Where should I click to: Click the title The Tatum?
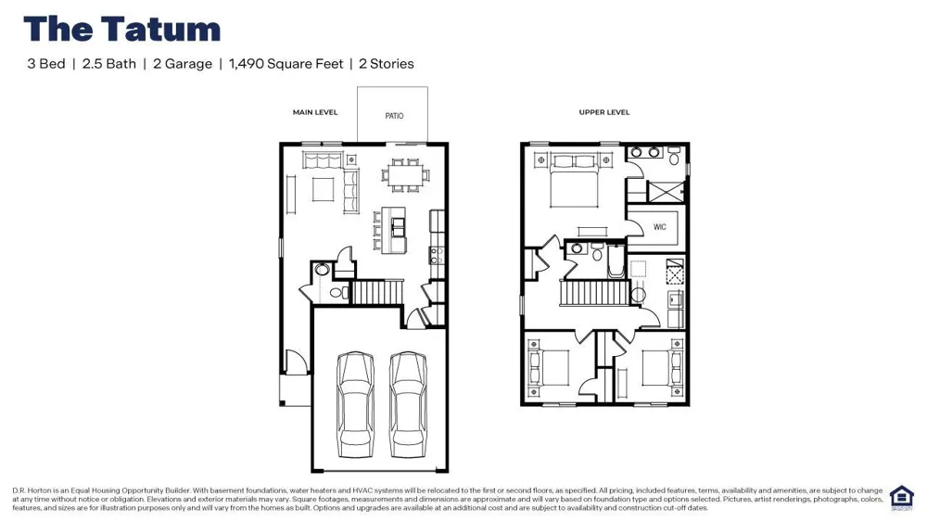(x=121, y=29)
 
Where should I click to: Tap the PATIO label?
(x=394, y=116)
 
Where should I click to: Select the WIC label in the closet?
(x=660, y=226)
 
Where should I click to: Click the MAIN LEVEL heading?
(x=315, y=112)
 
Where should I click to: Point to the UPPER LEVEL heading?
(x=604, y=112)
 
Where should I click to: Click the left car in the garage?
(x=355, y=404)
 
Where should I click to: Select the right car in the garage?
(x=409, y=404)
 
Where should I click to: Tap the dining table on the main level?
(x=406, y=175)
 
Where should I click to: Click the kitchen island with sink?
(x=393, y=230)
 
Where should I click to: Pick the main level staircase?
(x=377, y=292)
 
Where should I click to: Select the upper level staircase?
(x=595, y=293)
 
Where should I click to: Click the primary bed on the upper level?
(x=575, y=181)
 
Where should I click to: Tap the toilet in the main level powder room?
(x=338, y=292)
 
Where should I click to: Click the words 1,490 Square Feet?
(x=286, y=64)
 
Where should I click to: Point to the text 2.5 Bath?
(x=109, y=64)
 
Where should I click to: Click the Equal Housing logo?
(x=902, y=498)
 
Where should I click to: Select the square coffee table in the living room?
(x=323, y=189)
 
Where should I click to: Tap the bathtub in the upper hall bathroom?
(x=616, y=262)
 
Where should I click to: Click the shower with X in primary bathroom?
(x=666, y=192)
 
